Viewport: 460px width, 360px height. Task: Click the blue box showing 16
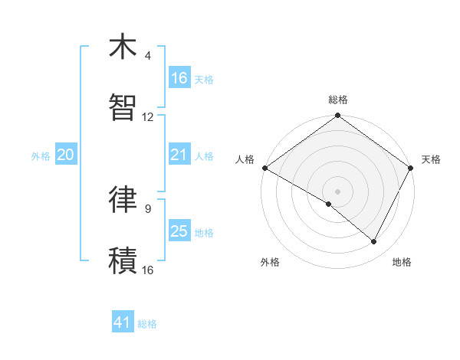click(179, 78)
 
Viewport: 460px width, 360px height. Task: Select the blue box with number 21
click(179, 155)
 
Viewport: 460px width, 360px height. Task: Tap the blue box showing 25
click(179, 231)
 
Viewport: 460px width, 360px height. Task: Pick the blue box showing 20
click(66, 155)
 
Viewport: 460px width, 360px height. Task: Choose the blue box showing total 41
click(123, 323)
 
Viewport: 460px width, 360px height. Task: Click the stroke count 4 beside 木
click(148, 56)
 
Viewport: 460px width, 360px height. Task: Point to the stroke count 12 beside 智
click(148, 117)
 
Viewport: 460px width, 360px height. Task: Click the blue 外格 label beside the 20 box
click(41, 155)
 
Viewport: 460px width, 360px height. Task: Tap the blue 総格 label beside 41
click(147, 324)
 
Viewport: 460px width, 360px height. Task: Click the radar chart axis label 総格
click(338, 100)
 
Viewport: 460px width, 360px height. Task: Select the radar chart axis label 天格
click(431, 159)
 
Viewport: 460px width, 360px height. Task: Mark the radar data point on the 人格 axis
click(264, 168)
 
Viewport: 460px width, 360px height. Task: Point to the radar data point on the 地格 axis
click(374, 242)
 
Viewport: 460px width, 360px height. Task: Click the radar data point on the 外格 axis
click(329, 204)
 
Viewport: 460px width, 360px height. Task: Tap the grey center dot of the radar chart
click(338, 191)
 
